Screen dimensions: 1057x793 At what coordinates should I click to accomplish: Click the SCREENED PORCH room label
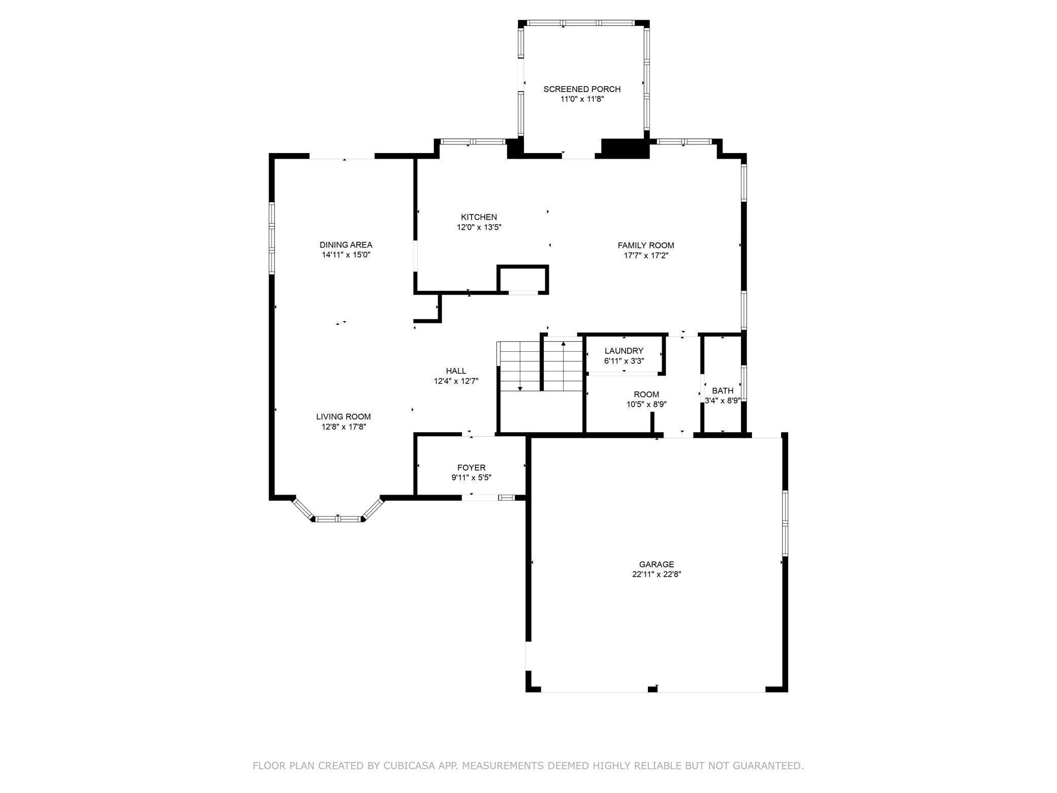click(x=582, y=89)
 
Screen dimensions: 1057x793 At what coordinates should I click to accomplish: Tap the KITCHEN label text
click(x=479, y=217)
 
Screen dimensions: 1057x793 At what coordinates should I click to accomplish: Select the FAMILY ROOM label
click(x=646, y=246)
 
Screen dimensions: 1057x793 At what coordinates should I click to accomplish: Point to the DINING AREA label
click(x=346, y=245)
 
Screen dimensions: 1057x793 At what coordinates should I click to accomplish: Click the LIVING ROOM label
click(x=344, y=417)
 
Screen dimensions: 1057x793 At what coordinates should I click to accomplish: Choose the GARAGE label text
click(x=657, y=564)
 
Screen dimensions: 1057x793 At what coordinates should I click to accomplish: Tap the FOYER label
click(x=472, y=468)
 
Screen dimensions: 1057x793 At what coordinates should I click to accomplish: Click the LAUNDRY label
click(x=624, y=351)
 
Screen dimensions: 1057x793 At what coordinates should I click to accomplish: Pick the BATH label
click(x=723, y=391)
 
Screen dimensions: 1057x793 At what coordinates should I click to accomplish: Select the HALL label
click(x=456, y=371)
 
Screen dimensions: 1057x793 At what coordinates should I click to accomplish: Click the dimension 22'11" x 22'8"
click(x=657, y=574)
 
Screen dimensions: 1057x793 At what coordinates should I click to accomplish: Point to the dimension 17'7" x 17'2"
click(x=646, y=256)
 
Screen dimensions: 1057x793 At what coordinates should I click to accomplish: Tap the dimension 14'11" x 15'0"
click(x=346, y=255)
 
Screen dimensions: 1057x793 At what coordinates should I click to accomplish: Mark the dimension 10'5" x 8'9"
click(x=646, y=405)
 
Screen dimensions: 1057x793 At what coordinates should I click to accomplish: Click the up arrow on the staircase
click(x=563, y=366)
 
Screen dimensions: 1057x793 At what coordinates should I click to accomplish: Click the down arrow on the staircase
click(x=520, y=366)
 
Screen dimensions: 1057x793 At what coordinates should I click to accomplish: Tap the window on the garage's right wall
click(x=785, y=523)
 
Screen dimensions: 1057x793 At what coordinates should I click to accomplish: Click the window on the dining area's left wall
click(x=272, y=238)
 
